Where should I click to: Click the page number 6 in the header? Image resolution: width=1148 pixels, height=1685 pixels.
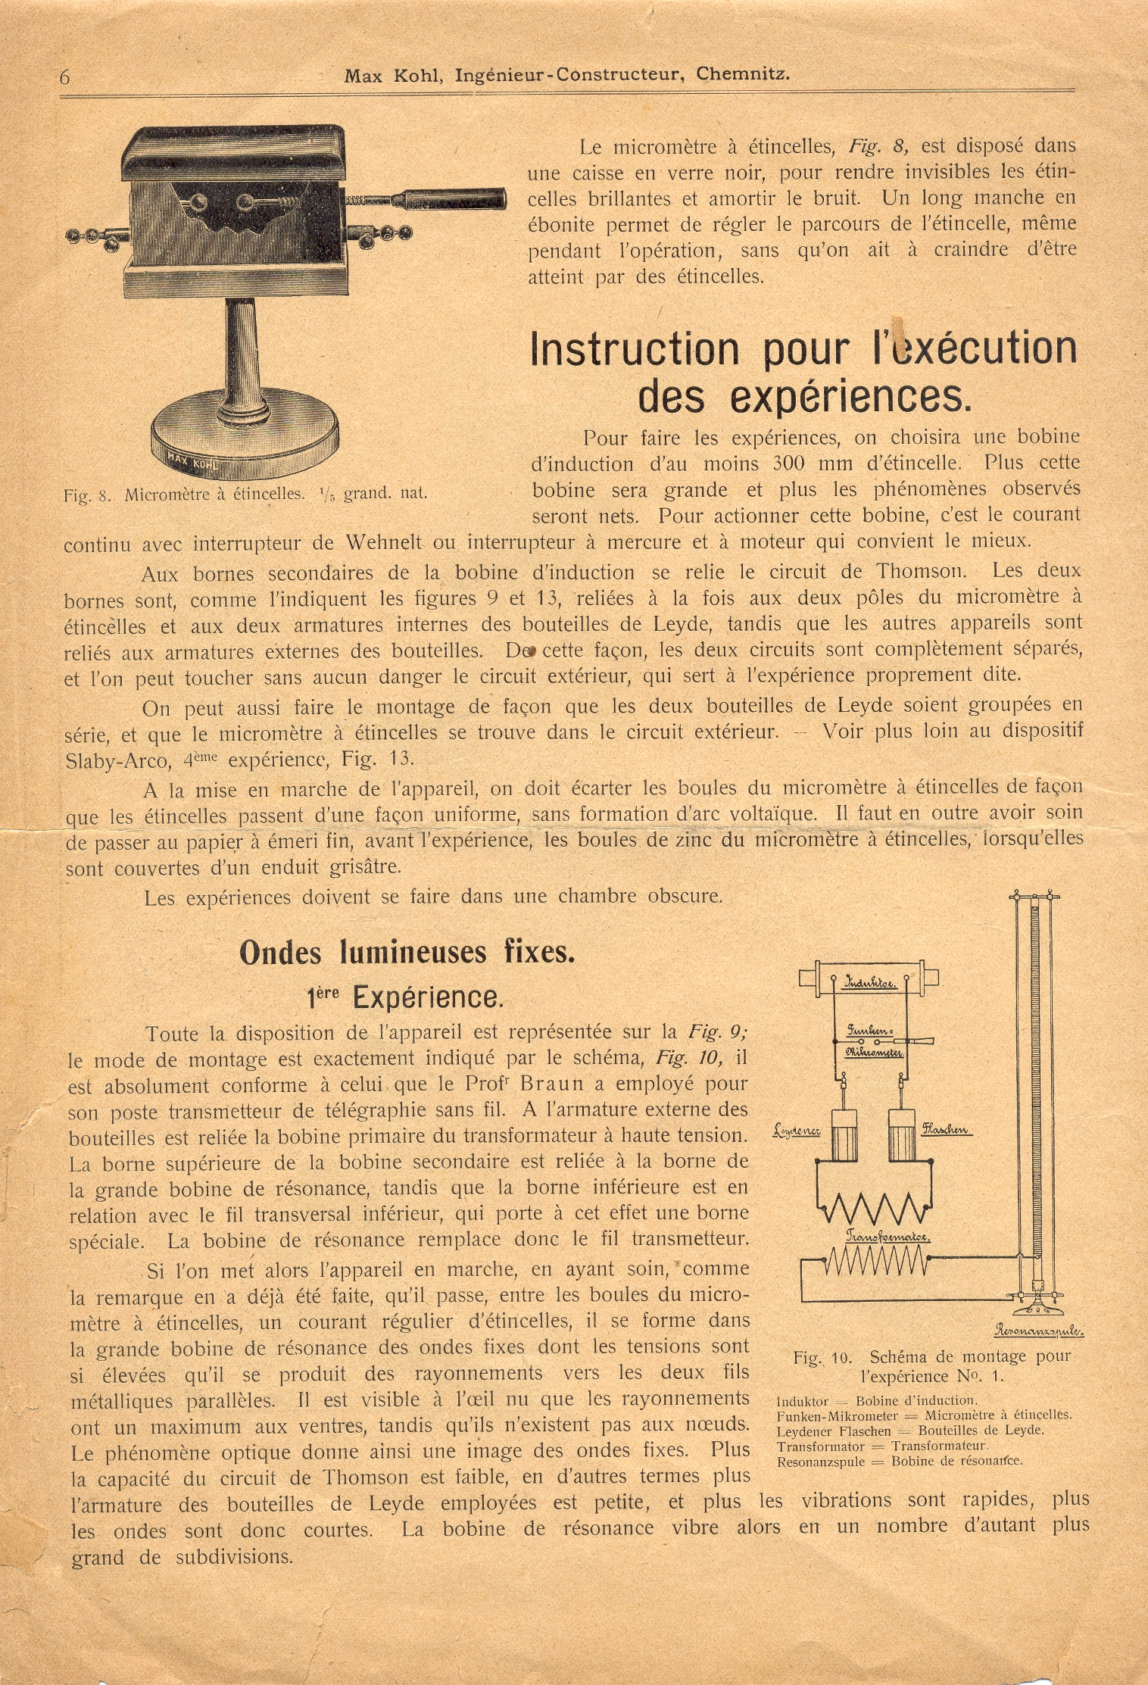coord(65,76)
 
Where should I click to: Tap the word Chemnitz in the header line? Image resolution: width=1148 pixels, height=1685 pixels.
coord(743,74)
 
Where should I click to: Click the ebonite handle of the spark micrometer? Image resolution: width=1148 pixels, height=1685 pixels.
coord(454,198)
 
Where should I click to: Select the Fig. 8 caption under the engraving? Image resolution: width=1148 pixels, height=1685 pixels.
coord(245,494)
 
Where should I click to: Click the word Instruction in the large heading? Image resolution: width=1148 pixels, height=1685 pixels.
coord(635,349)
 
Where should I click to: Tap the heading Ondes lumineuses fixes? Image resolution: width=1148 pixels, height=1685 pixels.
coord(407,953)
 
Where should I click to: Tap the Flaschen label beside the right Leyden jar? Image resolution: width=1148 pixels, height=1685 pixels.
coord(945,1131)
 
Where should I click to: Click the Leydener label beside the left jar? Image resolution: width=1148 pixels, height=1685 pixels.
coord(797,1131)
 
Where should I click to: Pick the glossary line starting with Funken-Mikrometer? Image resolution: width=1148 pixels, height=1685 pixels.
coord(923,1415)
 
